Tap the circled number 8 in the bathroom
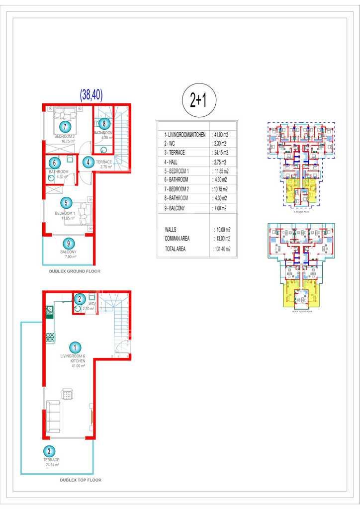(x=103, y=124)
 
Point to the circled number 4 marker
(x=88, y=162)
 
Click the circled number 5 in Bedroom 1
(x=68, y=203)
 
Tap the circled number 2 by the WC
(x=79, y=299)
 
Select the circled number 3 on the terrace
(x=48, y=451)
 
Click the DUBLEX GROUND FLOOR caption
(x=75, y=271)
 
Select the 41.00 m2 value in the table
(x=220, y=135)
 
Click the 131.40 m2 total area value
(x=222, y=249)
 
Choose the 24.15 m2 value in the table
(x=220, y=153)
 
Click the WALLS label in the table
(x=171, y=230)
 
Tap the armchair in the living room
(x=67, y=395)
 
